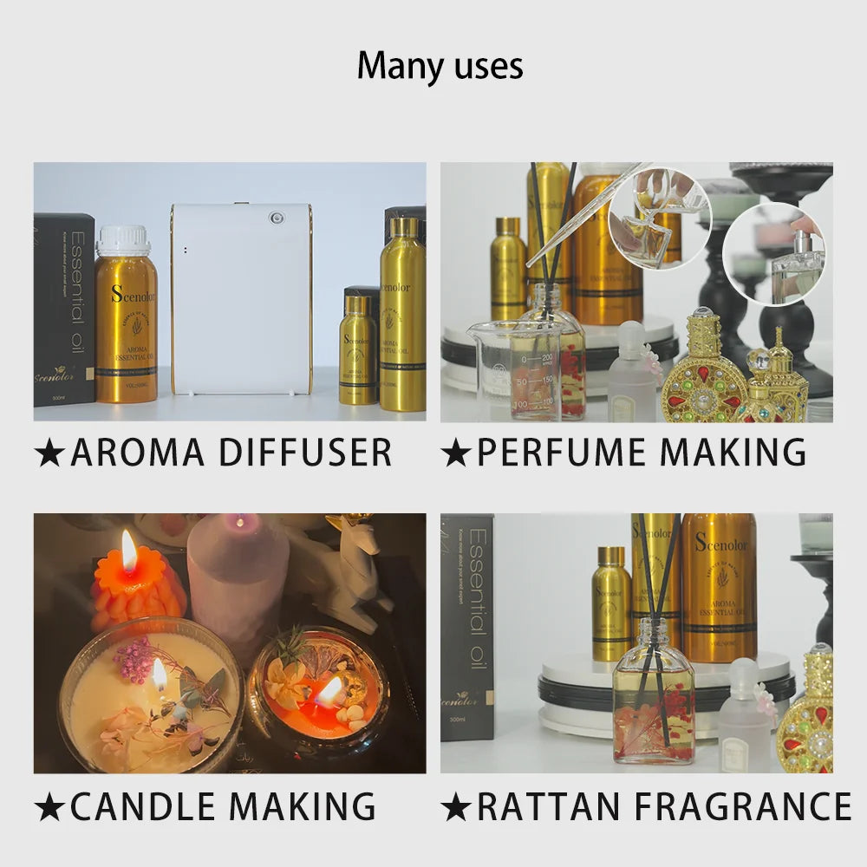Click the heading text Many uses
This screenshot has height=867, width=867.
[x=440, y=67]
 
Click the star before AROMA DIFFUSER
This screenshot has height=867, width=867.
[x=49, y=453]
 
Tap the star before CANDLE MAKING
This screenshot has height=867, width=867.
[x=49, y=807]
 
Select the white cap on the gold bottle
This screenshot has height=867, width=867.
[x=123, y=241]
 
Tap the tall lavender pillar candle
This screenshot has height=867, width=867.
[x=237, y=572]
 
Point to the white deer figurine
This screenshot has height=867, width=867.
[x=357, y=572]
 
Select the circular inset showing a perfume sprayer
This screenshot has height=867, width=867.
[x=773, y=254]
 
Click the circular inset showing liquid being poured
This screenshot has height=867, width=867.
[x=659, y=217]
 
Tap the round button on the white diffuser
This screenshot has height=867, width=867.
[x=277, y=218]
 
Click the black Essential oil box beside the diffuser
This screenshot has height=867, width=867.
[x=64, y=310]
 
